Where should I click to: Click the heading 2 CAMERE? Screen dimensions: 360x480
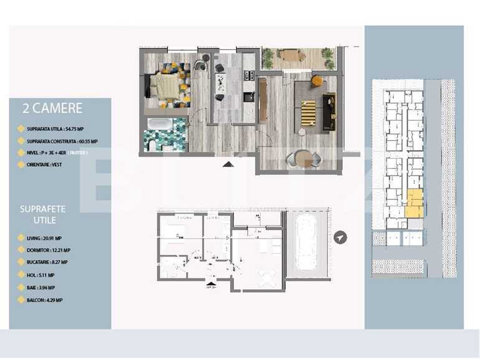pyautogui.click(x=52, y=108)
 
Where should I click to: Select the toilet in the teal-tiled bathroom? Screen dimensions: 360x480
pyautogui.click(x=151, y=145)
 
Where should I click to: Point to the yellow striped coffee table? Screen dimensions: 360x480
pyautogui.click(x=308, y=113)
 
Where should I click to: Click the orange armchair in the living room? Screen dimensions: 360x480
pyautogui.click(x=317, y=80)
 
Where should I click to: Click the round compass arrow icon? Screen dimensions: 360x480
pyautogui.click(x=340, y=238)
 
